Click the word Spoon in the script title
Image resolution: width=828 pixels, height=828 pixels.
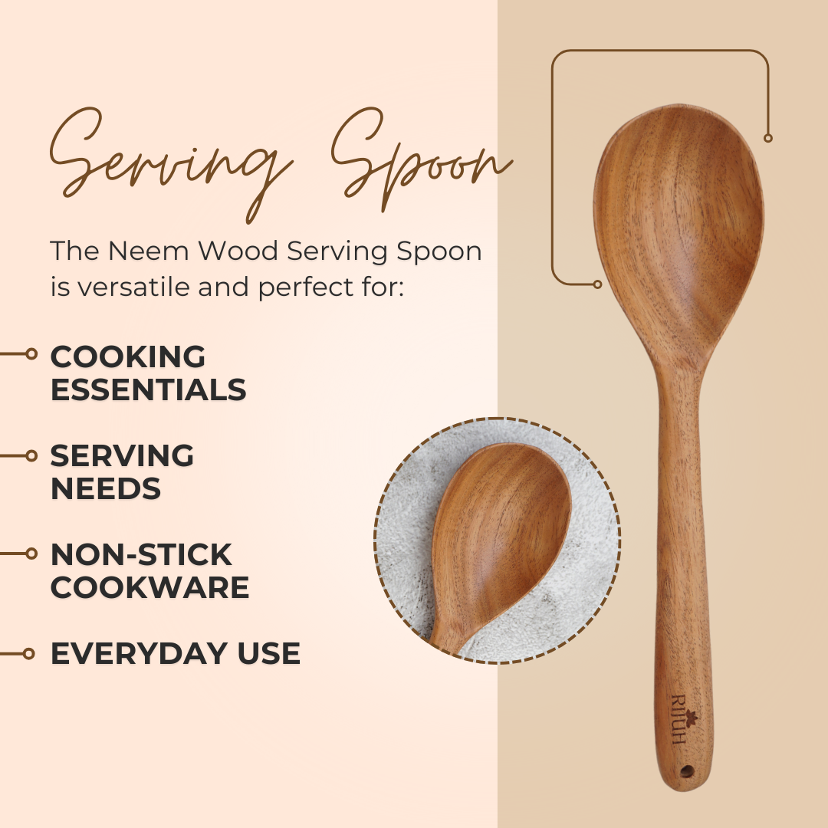pyautogui.click(x=422, y=159)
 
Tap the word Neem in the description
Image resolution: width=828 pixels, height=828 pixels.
pyautogui.click(x=148, y=251)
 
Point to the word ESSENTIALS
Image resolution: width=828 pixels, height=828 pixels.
pyautogui.click(x=149, y=389)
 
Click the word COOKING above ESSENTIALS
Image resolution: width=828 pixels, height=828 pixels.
pyautogui.click(x=128, y=356)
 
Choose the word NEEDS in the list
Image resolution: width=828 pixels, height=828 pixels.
pyautogui.click(x=106, y=488)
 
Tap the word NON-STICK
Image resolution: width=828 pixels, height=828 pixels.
pyautogui.click(x=141, y=554)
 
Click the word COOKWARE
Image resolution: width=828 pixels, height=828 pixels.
pyautogui.click(x=150, y=587)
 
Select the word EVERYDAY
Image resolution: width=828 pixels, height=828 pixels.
pyautogui.click(x=139, y=653)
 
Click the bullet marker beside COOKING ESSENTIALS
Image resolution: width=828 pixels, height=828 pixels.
pyautogui.click(x=31, y=353)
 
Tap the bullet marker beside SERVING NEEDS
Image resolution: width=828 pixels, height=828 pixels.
pyautogui.click(x=31, y=455)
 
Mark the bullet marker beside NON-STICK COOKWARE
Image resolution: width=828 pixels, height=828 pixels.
pyautogui.click(x=31, y=554)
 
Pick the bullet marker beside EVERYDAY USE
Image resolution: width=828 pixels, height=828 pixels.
pyautogui.click(x=28, y=654)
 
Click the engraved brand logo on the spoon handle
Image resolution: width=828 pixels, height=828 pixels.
pyautogui.click(x=684, y=719)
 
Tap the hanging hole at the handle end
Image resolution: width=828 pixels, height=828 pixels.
pyautogui.click(x=686, y=771)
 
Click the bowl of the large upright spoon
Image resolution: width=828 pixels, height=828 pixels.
pyautogui.click(x=678, y=232)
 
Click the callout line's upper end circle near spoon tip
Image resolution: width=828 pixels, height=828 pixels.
pyautogui.click(x=768, y=138)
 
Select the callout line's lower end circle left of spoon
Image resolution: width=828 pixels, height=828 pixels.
pyautogui.click(x=597, y=284)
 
